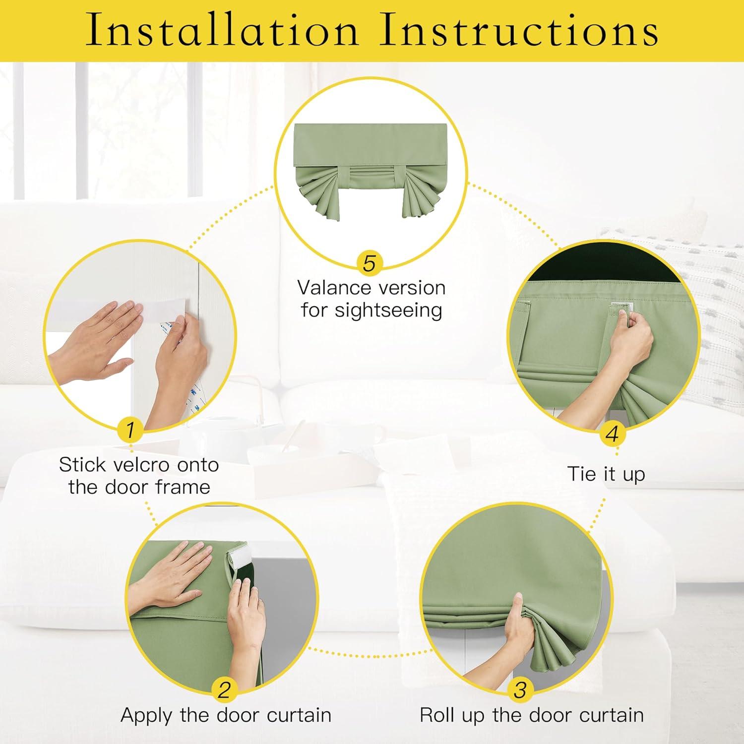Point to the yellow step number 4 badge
pos(612,434)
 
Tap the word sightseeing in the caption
pos(388,311)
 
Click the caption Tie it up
pos(606,474)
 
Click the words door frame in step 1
pos(139,487)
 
